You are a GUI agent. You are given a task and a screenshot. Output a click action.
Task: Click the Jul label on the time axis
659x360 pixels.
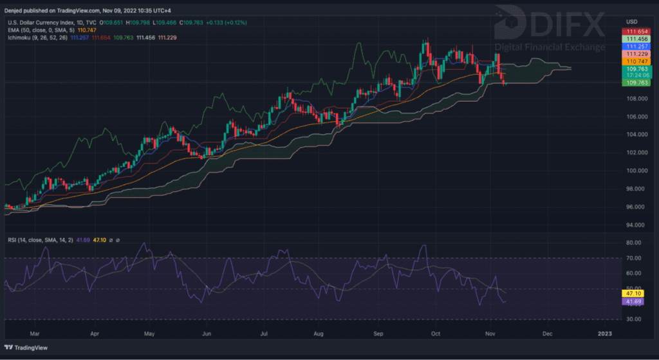pos(265,334)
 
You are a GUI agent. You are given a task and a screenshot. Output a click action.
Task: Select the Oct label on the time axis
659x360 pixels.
pos(436,334)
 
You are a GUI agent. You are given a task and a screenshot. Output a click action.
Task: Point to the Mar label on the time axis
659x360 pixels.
pos(35,334)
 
